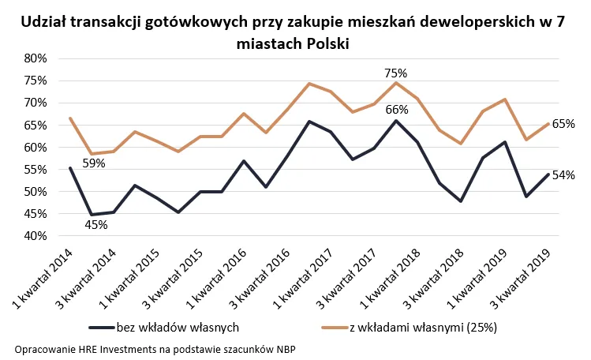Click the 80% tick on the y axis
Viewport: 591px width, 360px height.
[x=39, y=58]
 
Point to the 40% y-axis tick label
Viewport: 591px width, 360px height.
[x=39, y=236]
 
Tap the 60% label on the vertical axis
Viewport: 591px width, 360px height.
[x=39, y=147]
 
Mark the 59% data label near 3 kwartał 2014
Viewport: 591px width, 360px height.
[x=94, y=163]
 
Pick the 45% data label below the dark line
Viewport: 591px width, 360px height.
[x=95, y=225]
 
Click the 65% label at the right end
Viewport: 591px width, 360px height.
[x=563, y=124]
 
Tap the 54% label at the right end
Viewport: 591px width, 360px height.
[x=563, y=175]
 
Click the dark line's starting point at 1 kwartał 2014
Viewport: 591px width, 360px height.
[x=71, y=167]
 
